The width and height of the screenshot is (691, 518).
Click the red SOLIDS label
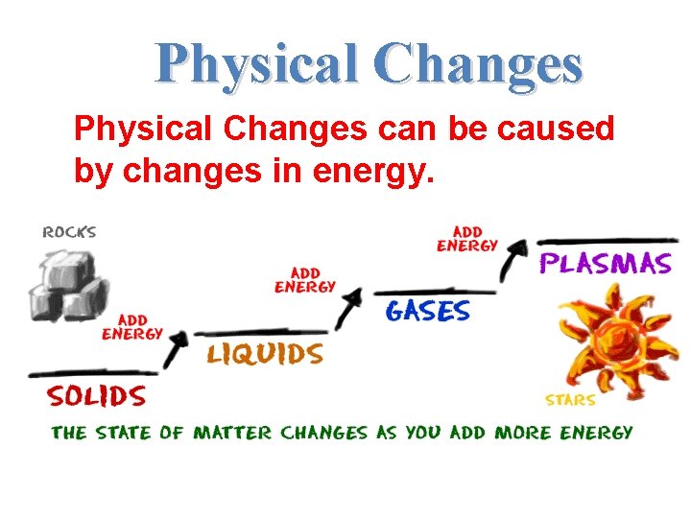pos(97,396)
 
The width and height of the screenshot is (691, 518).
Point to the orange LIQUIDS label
pos(266,354)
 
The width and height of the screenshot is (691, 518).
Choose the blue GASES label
pos(428,310)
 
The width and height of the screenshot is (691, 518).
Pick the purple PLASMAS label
pos(606,264)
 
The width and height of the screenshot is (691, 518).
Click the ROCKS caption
pos(70,232)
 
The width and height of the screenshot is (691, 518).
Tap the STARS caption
pos(570,400)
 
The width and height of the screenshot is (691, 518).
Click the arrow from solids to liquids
pos(176,347)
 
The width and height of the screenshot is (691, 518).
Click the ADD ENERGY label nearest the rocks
pos(132,327)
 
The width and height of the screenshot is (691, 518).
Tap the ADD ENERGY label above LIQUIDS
pos(305,279)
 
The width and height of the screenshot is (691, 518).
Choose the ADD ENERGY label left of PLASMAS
pos(467,239)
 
